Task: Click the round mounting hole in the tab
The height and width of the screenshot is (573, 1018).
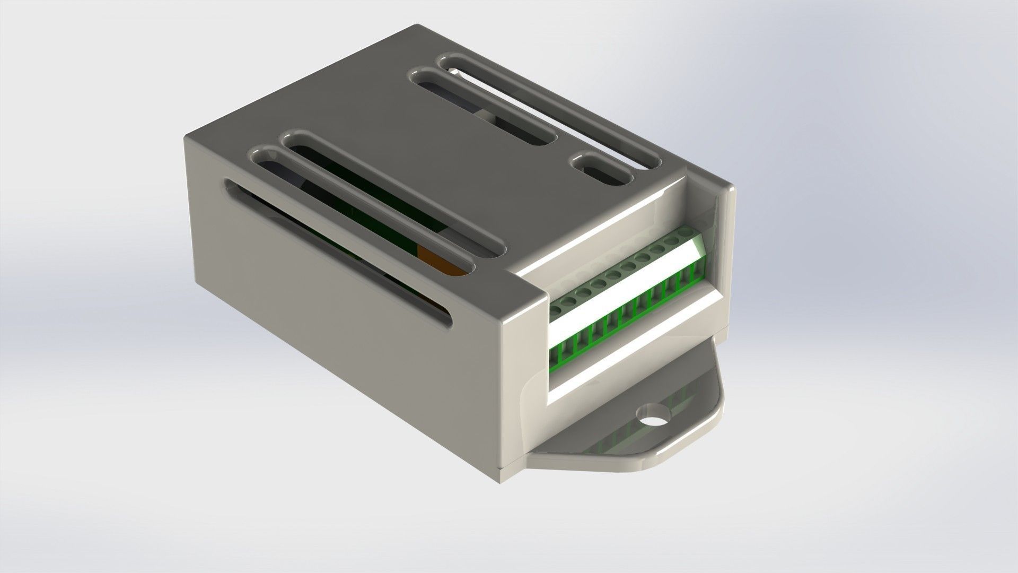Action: point(653,415)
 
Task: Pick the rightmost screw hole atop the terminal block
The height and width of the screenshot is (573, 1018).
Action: point(687,232)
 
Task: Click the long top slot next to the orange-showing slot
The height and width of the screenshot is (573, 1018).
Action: point(392,194)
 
